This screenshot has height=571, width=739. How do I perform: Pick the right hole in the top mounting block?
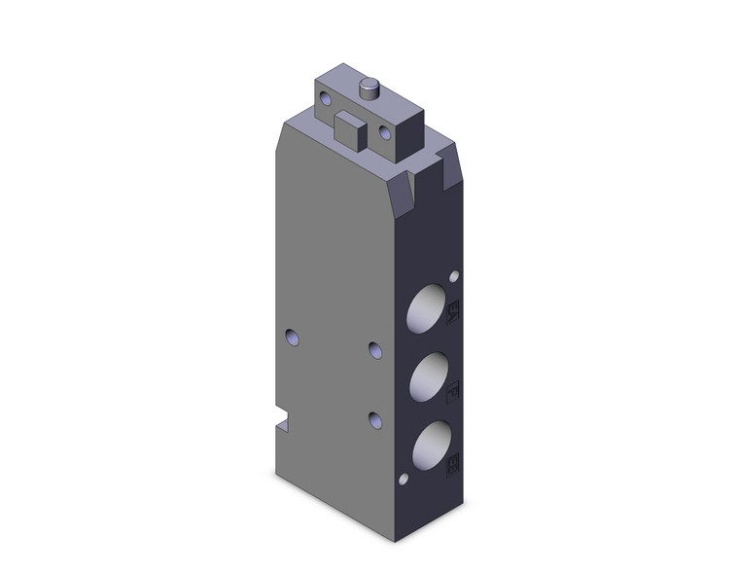tap(385, 131)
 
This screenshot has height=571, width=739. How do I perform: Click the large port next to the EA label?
tap(426, 310)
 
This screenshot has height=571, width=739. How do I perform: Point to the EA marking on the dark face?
tap(452, 312)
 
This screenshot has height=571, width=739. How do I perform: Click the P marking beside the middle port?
tap(452, 392)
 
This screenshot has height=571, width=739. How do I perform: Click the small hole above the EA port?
tap(453, 276)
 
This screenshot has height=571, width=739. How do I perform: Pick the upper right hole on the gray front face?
tap(375, 348)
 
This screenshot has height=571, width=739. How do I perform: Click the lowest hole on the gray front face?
tap(375, 418)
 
